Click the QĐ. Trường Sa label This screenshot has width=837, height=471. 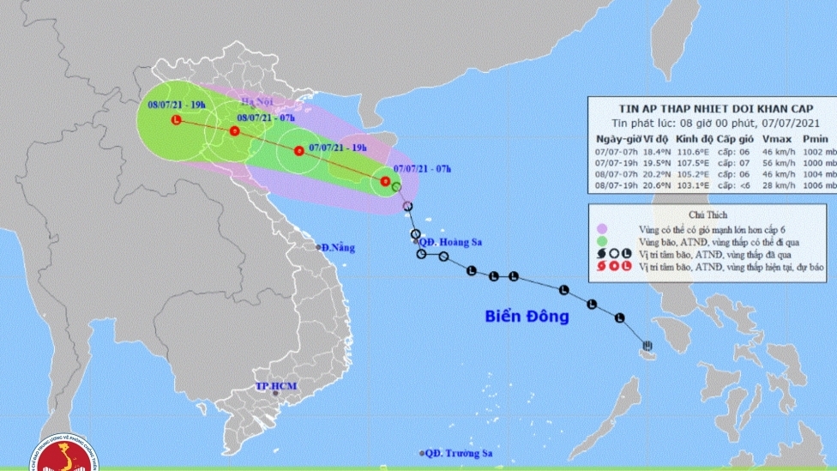click(454, 453)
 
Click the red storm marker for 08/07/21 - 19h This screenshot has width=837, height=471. click(176, 120)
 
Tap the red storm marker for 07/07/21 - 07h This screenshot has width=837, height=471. click(385, 181)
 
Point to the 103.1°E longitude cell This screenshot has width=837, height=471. click(689, 184)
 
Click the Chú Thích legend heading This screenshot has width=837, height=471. click(708, 216)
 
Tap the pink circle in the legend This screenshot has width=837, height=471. click(602, 229)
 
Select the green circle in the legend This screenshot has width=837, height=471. click(602, 243)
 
